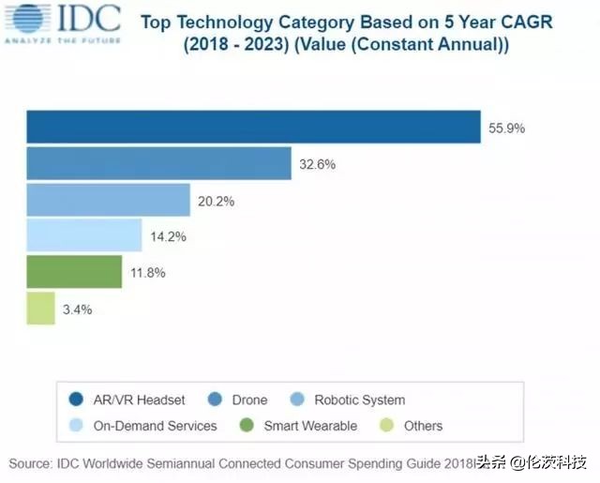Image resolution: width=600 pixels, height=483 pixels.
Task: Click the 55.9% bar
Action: click(x=253, y=128)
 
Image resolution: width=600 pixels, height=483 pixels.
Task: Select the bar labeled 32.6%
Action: click(x=158, y=164)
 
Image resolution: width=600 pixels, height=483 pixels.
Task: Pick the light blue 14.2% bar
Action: click(x=83, y=235)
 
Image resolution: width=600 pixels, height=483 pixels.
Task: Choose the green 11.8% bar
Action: click(x=74, y=272)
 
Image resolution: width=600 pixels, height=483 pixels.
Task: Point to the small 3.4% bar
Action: click(x=40, y=308)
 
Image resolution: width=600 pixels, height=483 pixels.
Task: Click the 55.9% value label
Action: click(x=506, y=128)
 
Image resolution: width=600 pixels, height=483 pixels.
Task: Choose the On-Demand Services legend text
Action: click(x=155, y=426)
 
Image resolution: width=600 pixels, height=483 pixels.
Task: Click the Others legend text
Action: click(x=424, y=426)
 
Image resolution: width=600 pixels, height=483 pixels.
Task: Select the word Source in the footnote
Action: click(x=32, y=463)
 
